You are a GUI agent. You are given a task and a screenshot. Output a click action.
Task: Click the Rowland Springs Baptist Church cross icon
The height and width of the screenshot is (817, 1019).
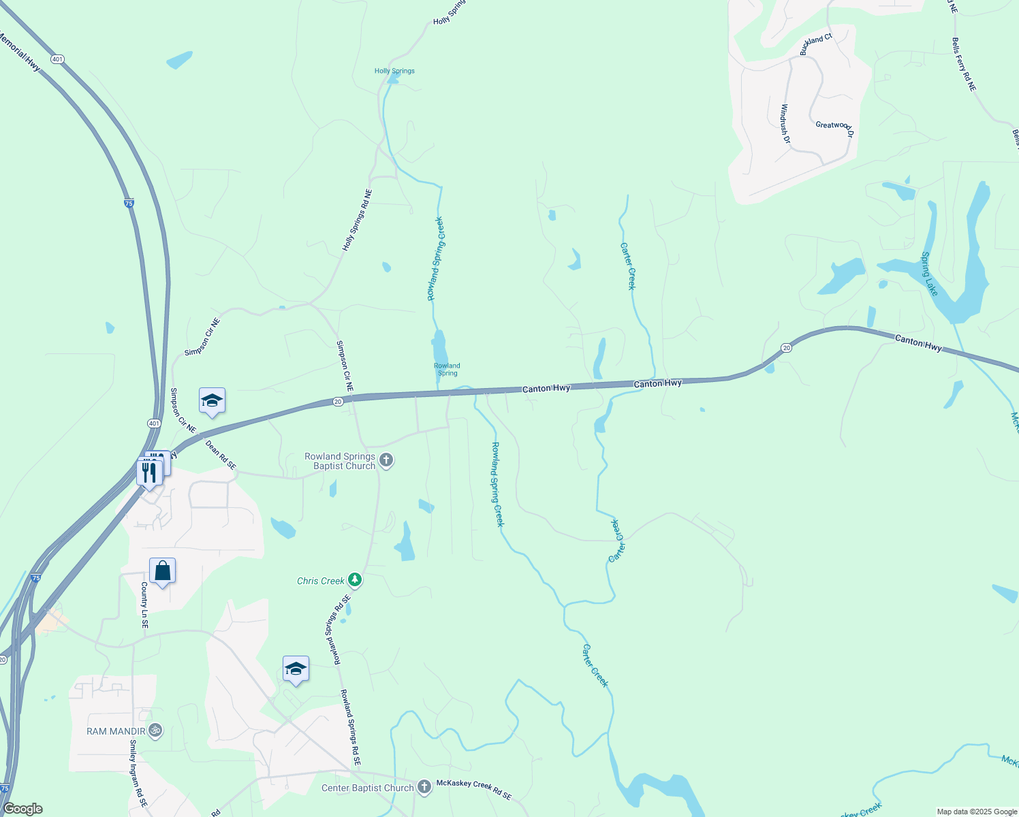pos(386,461)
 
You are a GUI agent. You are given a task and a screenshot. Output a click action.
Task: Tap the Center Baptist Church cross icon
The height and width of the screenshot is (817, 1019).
pos(424,788)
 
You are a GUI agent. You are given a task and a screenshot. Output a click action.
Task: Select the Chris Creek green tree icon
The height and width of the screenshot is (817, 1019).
pos(354,580)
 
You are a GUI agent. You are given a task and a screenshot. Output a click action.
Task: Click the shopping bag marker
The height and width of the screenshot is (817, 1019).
pos(163,571)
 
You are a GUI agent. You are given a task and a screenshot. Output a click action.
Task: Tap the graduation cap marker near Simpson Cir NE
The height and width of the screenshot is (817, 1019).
pos(212,401)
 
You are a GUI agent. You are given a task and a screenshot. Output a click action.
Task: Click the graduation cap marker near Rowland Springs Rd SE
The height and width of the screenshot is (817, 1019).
pos(296,669)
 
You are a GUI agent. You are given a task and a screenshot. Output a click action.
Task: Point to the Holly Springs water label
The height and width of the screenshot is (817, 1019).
pos(394,71)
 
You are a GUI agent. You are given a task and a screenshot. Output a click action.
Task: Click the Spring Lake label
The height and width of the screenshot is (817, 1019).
pos(930,274)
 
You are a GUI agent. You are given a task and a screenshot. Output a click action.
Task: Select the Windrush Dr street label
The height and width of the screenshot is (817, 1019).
pos(785,123)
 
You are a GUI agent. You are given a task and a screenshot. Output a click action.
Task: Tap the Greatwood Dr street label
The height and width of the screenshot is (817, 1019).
pos(834,127)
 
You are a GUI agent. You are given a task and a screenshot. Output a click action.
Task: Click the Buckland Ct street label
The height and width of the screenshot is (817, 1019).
pos(815,44)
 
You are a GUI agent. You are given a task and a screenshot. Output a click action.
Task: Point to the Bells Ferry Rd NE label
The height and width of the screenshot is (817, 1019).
pos(964,65)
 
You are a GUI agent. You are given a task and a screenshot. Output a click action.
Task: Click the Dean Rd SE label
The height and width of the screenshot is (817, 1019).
pos(221,455)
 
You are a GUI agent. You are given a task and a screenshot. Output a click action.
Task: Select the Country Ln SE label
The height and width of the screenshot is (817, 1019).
pos(144,605)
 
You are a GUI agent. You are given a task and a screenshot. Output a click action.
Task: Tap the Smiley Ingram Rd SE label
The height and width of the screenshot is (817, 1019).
pos(138,773)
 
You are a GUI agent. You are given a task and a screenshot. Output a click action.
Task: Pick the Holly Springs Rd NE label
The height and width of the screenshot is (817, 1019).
pos(358,220)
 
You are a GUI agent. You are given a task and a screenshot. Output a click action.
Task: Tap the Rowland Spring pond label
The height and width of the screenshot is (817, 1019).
pos(448,369)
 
